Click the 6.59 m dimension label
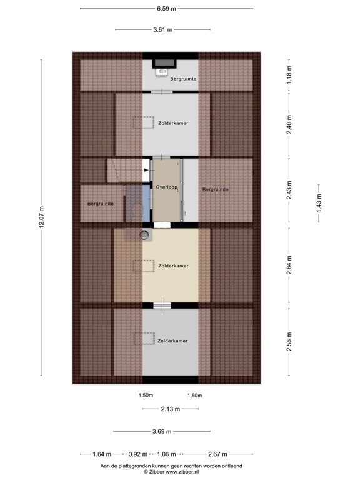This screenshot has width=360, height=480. (166, 9)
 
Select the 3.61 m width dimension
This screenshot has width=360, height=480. (162, 29)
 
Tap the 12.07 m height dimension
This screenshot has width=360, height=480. (42, 217)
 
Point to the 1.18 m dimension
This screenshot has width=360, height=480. (289, 79)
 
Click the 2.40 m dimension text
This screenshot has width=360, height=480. (289, 125)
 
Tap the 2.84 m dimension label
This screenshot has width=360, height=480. (289, 264)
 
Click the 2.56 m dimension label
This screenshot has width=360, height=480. (289, 341)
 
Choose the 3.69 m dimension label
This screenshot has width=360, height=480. (162, 432)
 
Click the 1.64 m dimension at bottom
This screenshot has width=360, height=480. (102, 454)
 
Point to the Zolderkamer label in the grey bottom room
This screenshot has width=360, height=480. (173, 341)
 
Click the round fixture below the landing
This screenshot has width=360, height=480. (145, 235)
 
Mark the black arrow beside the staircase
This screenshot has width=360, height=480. (147, 169)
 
